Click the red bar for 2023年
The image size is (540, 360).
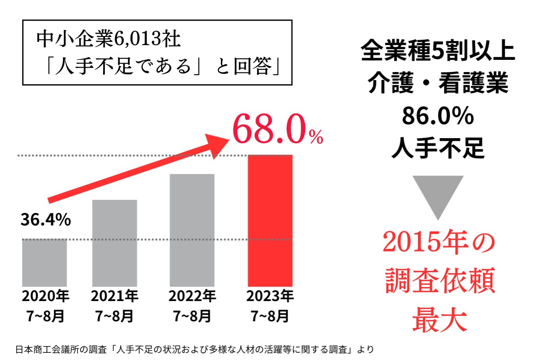point(270,220)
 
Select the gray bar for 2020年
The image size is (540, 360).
point(45,263)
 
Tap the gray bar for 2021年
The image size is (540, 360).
point(114,243)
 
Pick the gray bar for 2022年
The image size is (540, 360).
point(192,230)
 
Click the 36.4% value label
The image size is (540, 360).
point(45,220)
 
